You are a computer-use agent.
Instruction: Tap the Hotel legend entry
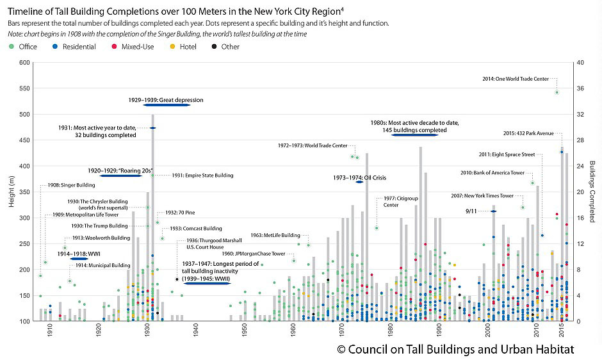pyautogui.click(x=188, y=47)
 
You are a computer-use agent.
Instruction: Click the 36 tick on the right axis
pyautogui.click(x=580, y=88)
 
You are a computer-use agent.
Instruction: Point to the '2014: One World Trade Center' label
pyautogui.click(x=516, y=79)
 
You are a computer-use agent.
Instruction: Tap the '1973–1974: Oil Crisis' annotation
pyautogui.click(x=359, y=177)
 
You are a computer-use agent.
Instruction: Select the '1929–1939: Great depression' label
pyautogui.click(x=165, y=101)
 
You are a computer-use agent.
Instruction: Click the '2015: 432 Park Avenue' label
pyautogui.click(x=528, y=133)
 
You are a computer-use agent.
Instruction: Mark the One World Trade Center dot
pyautogui.click(x=557, y=92)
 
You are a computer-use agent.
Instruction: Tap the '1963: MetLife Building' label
pyautogui.click(x=275, y=235)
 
